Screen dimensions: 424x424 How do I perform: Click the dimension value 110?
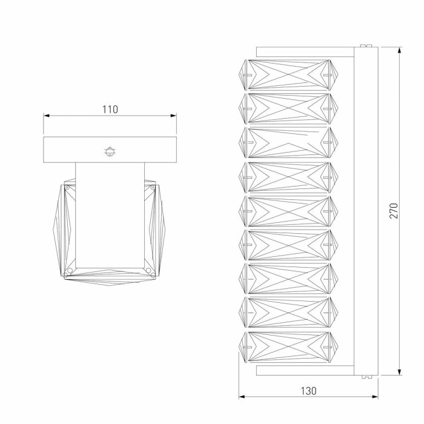click(110, 110)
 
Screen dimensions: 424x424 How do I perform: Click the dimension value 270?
click(394, 211)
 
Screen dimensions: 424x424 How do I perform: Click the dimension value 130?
click(308, 391)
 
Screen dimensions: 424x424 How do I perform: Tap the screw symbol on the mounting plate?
click(110, 151)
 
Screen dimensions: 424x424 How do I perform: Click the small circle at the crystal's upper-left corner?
click(67, 187)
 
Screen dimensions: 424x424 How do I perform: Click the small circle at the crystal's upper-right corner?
click(153, 187)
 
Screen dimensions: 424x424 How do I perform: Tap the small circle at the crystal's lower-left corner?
click(70, 270)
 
